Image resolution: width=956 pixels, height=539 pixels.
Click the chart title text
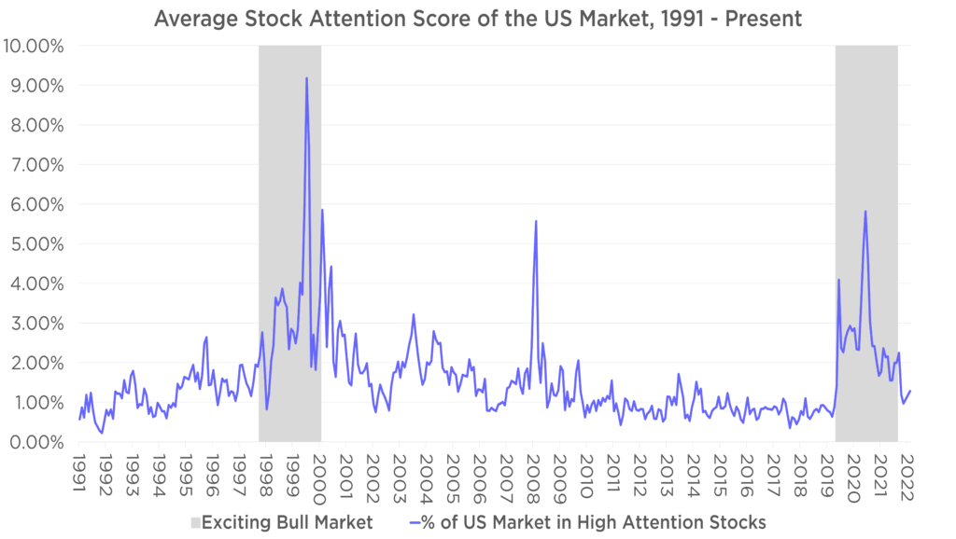coord(477,19)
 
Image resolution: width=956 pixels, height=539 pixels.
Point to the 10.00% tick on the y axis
coord(33,46)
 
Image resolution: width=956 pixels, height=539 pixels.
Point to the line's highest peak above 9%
coord(306,78)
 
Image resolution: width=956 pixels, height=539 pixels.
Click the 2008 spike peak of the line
coord(536,221)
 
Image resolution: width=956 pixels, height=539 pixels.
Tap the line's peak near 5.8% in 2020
coord(865,211)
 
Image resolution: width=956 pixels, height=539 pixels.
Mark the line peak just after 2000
coord(322,210)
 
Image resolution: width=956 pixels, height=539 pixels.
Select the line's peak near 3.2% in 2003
coord(414,314)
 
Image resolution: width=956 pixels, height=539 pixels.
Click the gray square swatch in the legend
coord(194,522)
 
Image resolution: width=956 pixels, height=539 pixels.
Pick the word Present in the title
coord(764,19)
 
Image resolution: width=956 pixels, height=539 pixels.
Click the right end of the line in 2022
coord(911,391)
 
